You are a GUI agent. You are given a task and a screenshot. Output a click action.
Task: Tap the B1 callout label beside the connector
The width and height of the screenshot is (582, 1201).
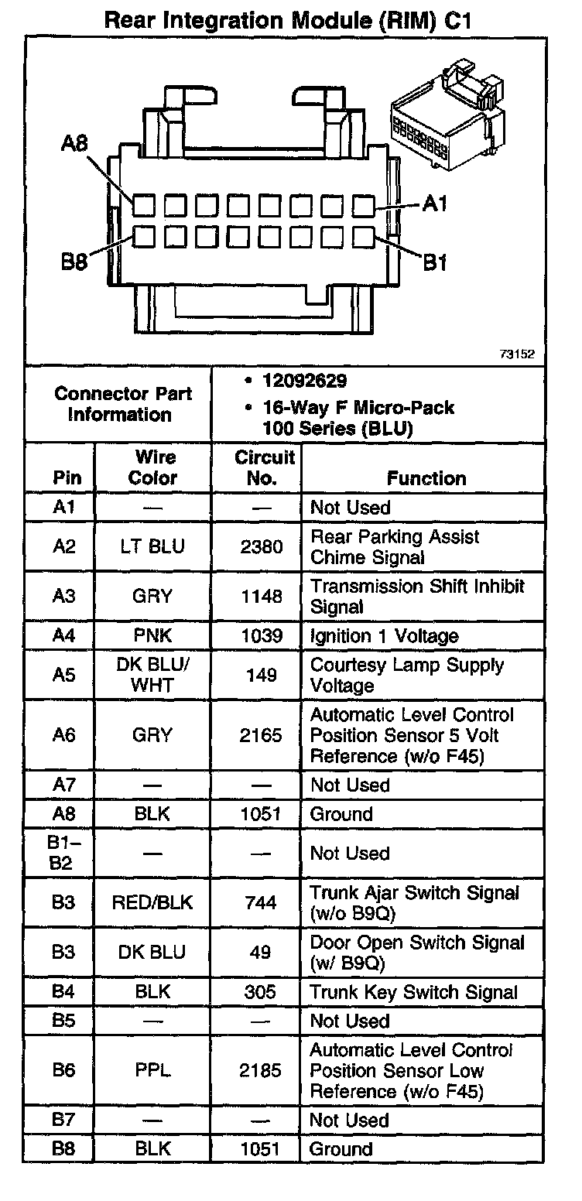click(x=434, y=263)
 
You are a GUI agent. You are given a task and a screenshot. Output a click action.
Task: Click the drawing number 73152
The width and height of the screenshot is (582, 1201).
click(x=516, y=354)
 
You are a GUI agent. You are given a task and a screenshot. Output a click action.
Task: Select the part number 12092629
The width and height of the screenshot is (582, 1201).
click(x=305, y=381)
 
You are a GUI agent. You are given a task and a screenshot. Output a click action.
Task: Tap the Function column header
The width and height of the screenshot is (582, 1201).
click(x=426, y=478)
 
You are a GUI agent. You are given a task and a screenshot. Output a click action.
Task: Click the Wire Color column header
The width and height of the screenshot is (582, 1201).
click(x=152, y=467)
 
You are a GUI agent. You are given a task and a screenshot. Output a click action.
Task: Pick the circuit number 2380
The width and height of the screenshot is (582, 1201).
click(x=261, y=547)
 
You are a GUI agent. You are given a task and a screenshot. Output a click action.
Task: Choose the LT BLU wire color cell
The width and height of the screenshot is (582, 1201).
click(x=152, y=547)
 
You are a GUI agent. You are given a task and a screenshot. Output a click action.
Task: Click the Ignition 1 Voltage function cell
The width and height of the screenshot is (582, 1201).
click(x=385, y=636)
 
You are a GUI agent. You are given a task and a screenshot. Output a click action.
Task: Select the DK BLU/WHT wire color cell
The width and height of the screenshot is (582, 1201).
click(x=152, y=675)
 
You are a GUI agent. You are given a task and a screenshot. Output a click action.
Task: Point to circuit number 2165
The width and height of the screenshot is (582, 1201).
click(x=261, y=735)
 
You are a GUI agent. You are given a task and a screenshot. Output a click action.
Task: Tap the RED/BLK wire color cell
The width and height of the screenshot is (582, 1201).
click(x=152, y=902)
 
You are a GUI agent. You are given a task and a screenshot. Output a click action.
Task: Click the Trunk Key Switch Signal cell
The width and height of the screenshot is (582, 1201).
click(x=413, y=991)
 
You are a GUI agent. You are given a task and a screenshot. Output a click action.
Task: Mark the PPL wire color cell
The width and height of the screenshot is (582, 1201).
click(x=152, y=1071)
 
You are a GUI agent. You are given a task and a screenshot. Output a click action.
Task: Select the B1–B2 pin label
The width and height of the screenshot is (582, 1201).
click(x=61, y=853)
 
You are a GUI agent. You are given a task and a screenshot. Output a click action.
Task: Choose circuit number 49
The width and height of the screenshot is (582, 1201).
click(x=261, y=952)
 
